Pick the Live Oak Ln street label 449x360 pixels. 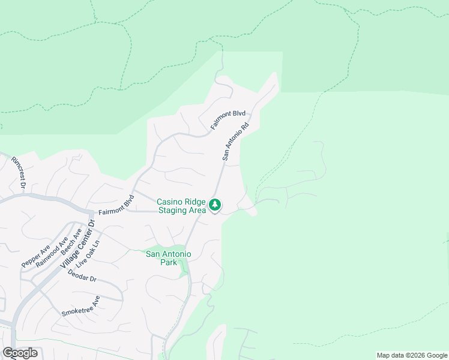coord(92,248)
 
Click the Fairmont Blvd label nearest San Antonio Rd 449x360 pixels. coord(229,120)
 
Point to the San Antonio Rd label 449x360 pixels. coord(235,142)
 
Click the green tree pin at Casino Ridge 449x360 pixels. coord(215,206)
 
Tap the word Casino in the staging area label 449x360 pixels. coord(170,202)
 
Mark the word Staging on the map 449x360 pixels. coord(173,211)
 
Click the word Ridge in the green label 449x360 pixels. coord(196,202)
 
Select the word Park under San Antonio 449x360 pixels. coord(169,263)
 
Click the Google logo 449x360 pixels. coord(20,353)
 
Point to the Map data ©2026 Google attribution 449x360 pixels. coord(412,355)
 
